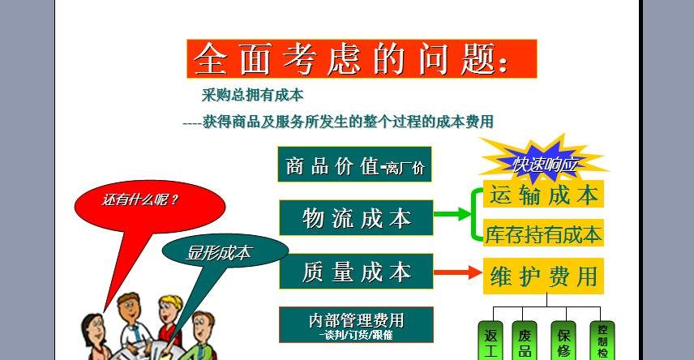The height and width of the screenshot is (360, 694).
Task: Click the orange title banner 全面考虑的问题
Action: (362, 59)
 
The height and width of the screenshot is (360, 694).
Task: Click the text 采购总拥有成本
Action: (252, 95)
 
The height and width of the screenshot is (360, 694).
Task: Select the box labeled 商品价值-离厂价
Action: (354, 165)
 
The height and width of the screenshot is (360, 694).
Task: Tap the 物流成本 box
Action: (356, 217)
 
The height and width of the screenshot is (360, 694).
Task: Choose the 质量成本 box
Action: (356, 271)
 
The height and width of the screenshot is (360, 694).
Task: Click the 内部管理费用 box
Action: (356, 324)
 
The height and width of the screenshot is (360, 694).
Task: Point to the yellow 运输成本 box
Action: (543, 194)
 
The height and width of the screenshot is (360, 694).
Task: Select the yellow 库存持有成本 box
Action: (543, 233)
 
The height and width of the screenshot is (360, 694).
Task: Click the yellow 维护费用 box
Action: (543, 276)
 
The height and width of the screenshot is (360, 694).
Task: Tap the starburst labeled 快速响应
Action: (544, 162)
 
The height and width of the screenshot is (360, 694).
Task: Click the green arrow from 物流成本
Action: (454, 214)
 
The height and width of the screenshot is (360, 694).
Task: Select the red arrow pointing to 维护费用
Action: (457, 272)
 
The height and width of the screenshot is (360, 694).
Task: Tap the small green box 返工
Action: (491, 341)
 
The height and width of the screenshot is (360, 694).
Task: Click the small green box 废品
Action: (525, 341)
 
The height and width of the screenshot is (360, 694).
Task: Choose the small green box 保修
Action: (563, 341)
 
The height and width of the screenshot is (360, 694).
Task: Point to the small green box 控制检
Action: (602, 341)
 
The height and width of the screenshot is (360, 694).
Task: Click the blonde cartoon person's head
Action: (171, 309)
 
